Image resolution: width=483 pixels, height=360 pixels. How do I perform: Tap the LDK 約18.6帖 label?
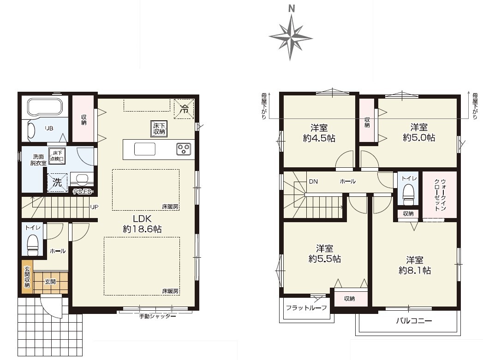point(142,224)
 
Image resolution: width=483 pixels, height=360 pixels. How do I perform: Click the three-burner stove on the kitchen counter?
point(184,149)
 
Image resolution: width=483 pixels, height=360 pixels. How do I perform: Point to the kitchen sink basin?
point(145,149)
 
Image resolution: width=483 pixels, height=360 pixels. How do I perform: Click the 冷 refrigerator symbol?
point(184,108)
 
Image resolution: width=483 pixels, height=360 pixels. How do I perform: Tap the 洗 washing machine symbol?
point(57,183)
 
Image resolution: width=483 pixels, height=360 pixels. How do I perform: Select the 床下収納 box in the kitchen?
point(159,129)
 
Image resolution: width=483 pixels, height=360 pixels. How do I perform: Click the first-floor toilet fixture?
point(33,245)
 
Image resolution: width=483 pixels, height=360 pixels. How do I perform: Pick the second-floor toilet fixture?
point(408,194)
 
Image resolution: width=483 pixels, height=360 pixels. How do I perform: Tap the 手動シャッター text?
point(157,316)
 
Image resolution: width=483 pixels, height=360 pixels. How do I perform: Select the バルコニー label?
point(414,321)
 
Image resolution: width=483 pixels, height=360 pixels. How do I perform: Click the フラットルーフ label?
point(306,308)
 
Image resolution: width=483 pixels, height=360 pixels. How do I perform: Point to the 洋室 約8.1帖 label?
point(415,265)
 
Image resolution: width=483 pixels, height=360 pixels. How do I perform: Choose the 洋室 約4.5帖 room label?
point(319,133)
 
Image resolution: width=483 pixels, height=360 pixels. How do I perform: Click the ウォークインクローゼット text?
point(440,195)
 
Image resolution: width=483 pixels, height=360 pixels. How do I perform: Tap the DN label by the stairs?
point(313,182)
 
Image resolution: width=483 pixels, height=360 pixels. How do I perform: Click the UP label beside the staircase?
point(94,207)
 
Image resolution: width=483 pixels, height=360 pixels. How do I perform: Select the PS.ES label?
point(83,192)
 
